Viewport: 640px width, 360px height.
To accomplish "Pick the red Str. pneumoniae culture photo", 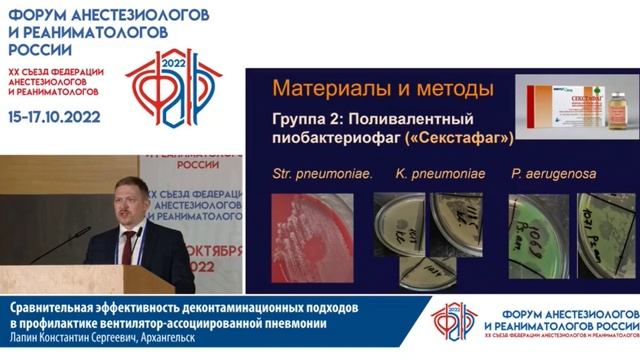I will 311,236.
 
